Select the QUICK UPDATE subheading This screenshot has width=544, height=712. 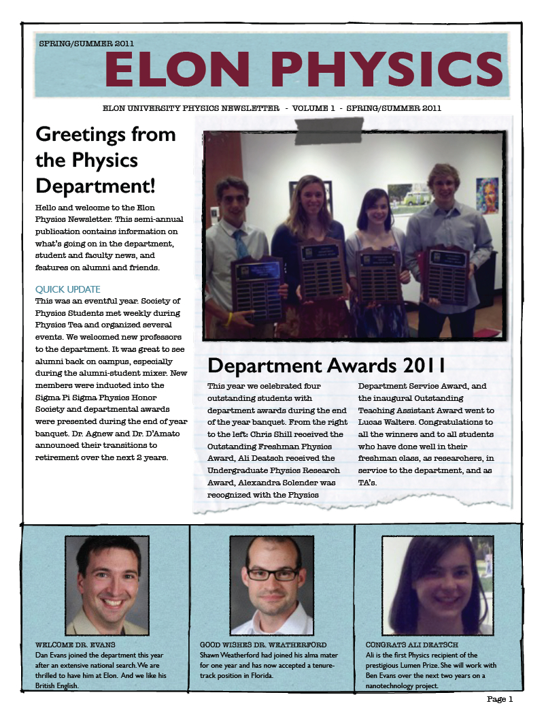(x=68, y=289)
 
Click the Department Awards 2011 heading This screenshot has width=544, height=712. (x=326, y=366)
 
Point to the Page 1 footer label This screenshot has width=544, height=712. (x=500, y=699)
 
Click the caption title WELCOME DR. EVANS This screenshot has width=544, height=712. (x=75, y=644)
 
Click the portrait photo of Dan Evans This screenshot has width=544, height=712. (x=107, y=585)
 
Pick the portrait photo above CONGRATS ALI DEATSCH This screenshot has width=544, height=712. (x=437, y=585)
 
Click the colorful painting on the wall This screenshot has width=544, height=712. (x=487, y=196)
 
